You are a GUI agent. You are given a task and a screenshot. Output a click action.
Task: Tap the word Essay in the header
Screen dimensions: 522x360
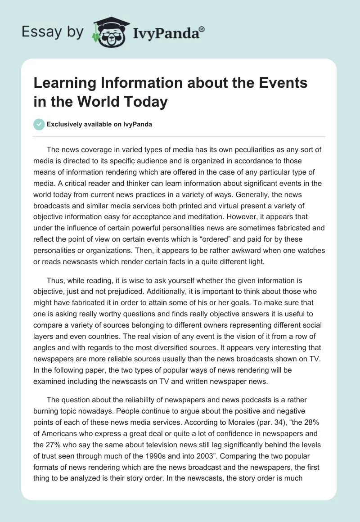pos(36,32)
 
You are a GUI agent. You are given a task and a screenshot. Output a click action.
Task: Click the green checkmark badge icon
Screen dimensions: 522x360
pos(39,124)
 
